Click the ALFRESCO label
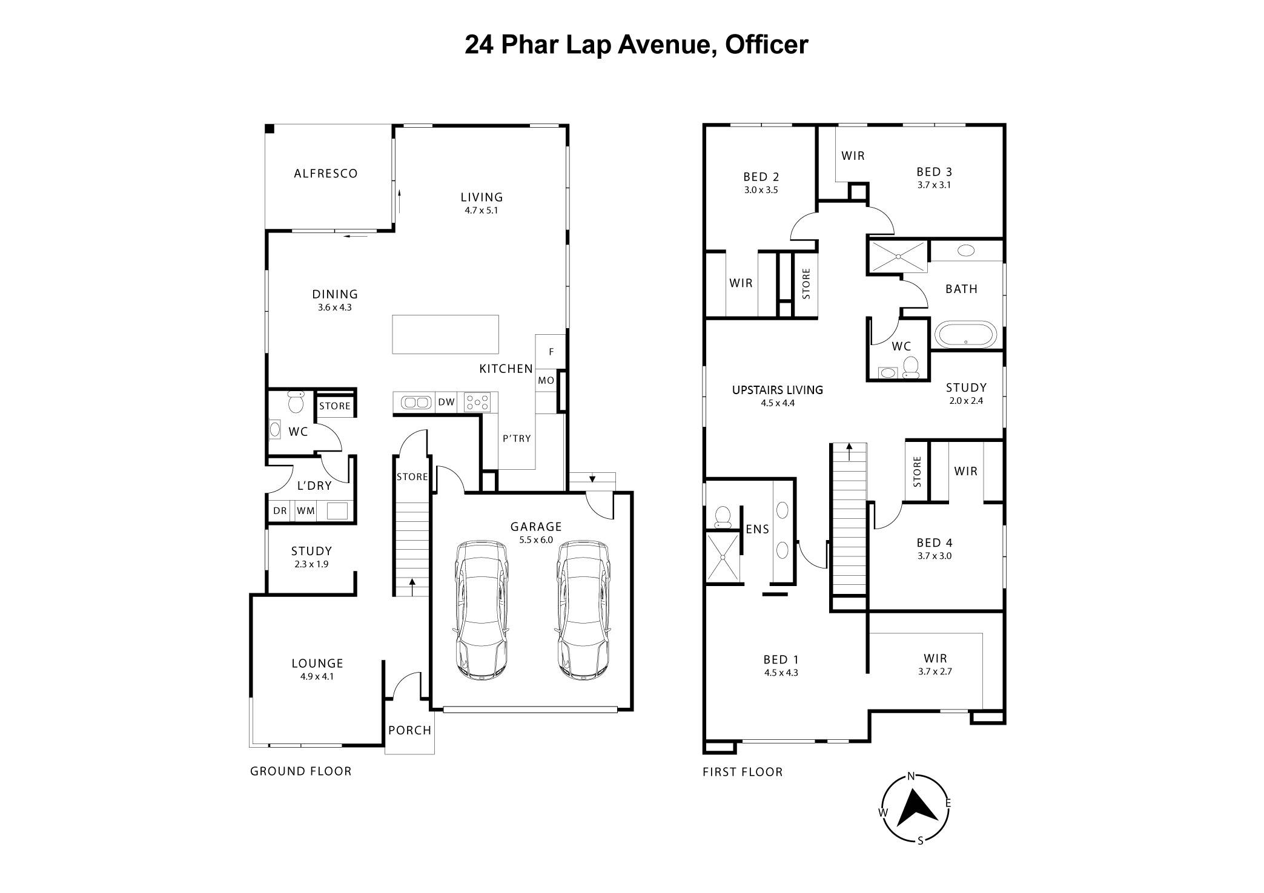point(325,174)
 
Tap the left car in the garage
point(481,610)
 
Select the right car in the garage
point(583,610)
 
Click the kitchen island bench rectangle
point(445,334)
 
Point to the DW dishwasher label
point(446,402)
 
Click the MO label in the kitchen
point(546,381)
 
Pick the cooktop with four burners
point(477,402)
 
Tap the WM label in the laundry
point(306,511)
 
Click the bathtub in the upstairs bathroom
point(965,334)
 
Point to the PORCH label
point(410,731)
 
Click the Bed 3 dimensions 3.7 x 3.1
point(934,185)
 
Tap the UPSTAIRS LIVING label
point(777,390)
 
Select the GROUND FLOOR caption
point(300,771)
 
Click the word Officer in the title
point(766,44)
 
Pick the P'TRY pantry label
point(517,438)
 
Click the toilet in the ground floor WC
point(296,402)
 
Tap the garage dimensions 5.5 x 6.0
point(536,540)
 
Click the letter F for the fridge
point(551,352)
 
